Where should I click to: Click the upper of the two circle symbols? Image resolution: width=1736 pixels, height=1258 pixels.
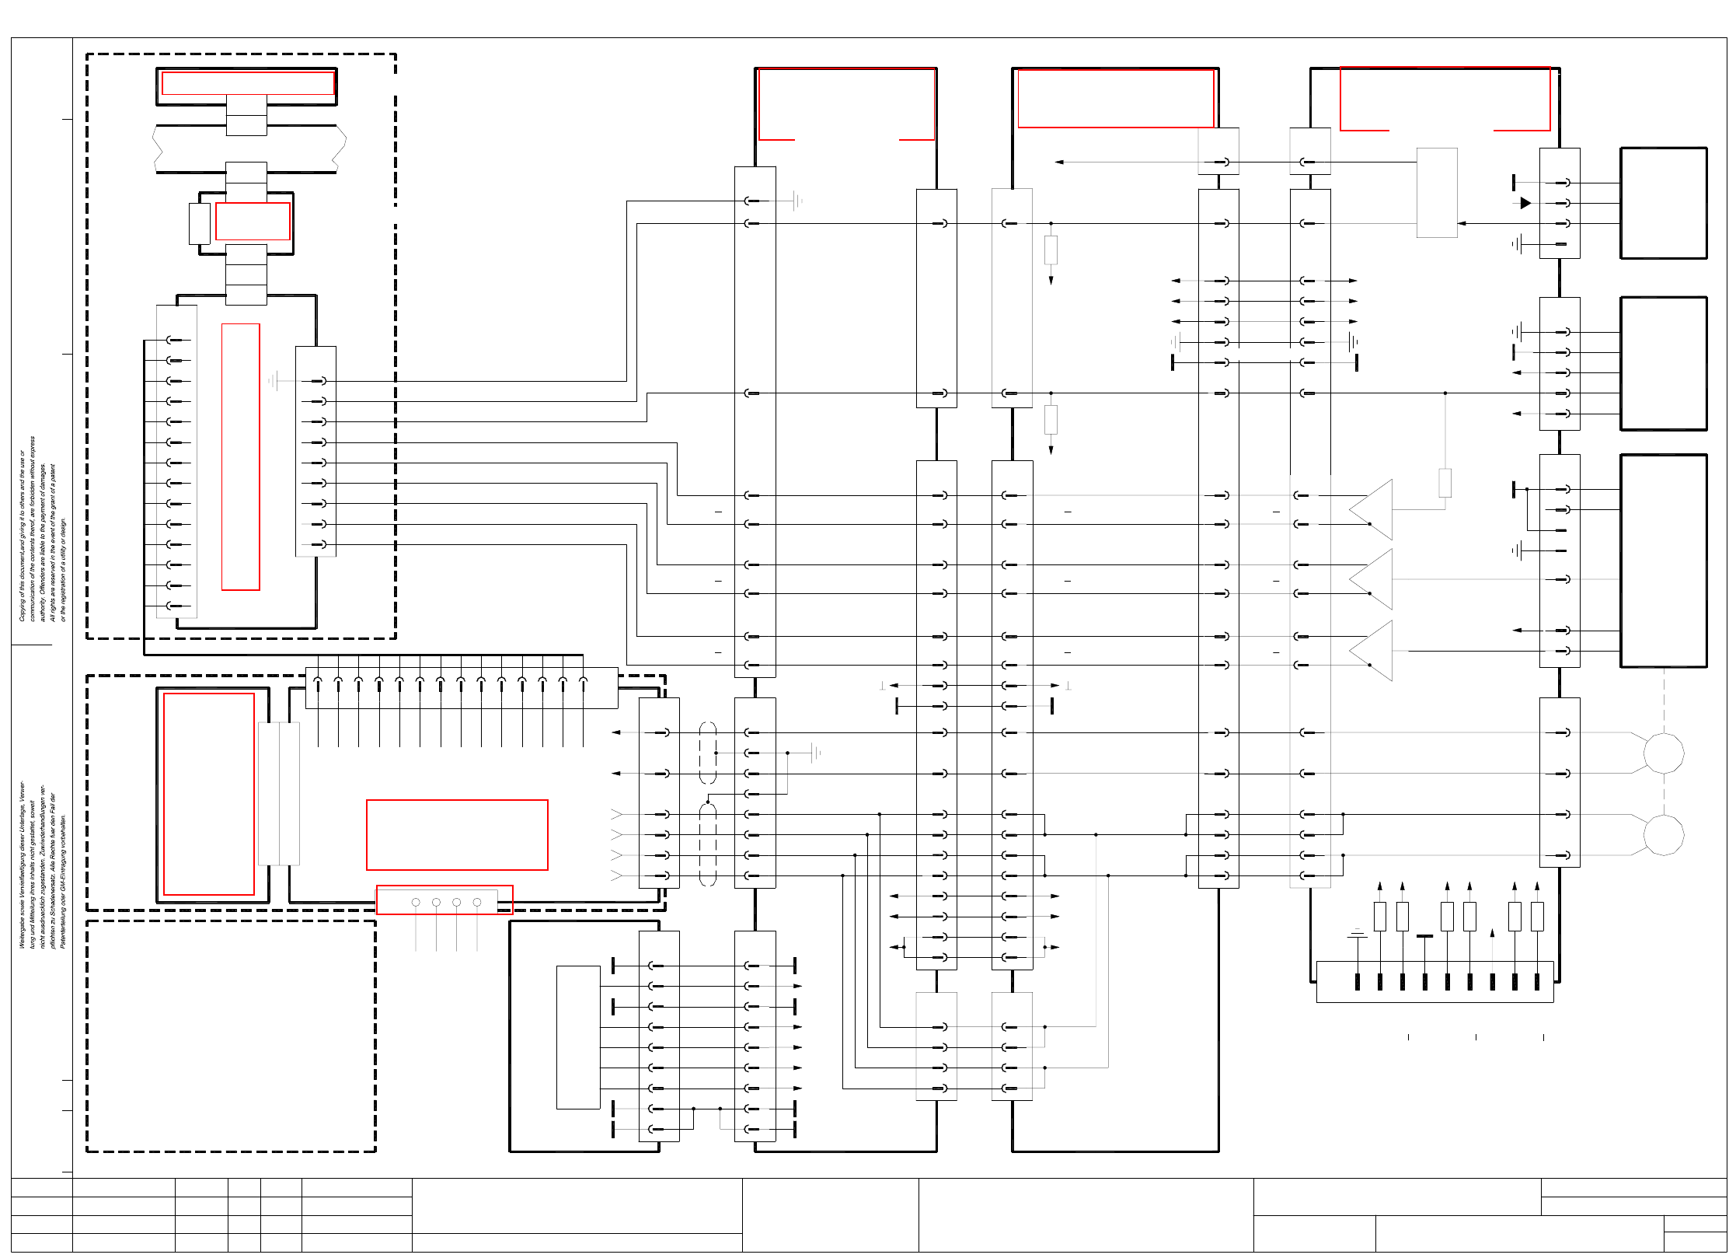click(1663, 753)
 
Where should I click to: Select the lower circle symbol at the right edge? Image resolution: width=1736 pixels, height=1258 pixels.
click(1663, 835)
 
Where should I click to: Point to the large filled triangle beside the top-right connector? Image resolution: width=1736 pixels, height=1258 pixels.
click(1525, 203)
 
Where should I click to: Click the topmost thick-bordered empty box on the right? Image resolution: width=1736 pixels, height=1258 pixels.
click(1663, 203)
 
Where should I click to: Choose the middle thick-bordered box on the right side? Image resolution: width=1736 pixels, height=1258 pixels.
click(1663, 363)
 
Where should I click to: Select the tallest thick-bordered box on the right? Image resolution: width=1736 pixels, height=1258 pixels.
click(1663, 561)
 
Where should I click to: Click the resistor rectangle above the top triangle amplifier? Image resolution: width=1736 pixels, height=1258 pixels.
click(1445, 483)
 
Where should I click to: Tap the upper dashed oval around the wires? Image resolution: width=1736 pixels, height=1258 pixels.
click(708, 753)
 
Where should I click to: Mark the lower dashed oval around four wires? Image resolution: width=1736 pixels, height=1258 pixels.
click(708, 844)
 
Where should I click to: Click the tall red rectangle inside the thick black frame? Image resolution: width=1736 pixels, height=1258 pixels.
click(209, 794)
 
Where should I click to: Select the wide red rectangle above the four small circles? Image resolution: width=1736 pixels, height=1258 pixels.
click(457, 834)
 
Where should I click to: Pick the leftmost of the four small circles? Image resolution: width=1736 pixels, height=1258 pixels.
click(416, 902)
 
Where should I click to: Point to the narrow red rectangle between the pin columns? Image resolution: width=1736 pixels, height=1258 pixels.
click(241, 456)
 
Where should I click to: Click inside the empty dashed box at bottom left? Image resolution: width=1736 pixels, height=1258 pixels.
click(231, 1036)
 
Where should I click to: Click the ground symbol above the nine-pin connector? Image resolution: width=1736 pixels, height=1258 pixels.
click(1357, 935)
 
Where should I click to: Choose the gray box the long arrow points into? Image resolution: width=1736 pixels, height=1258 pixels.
click(1436, 193)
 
